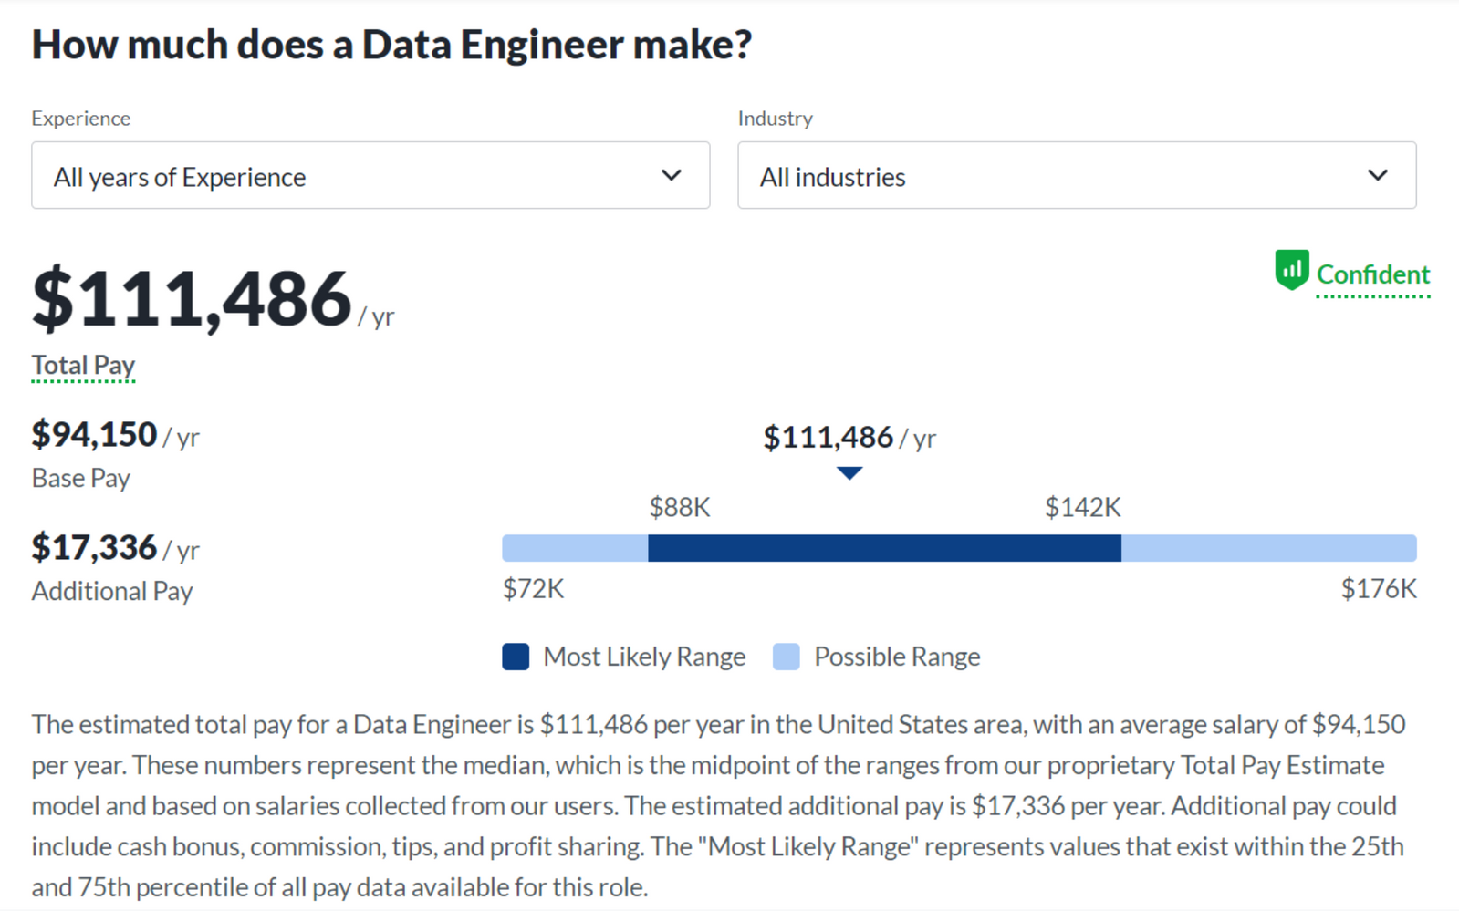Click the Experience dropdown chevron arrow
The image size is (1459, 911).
tap(672, 175)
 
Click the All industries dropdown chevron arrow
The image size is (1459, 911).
tap(1378, 175)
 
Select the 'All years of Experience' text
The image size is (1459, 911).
tap(180, 177)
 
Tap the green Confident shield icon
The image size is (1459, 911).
tap(1291, 270)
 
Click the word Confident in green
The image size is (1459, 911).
tap(1372, 274)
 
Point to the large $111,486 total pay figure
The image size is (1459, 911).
tap(192, 299)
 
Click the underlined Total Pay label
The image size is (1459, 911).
tap(83, 365)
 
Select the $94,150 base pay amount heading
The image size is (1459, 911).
tap(95, 435)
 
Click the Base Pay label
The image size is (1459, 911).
tap(81, 478)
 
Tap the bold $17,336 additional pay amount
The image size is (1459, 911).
tap(95, 548)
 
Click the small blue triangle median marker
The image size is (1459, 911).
tap(849, 472)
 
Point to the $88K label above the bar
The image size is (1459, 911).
tap(680, 507)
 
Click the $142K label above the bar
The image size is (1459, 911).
tap(1083, 507)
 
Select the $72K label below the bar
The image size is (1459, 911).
tap(534, 589)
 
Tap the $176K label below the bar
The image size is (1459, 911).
tap(1378, 589)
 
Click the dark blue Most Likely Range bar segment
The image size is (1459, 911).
tap(884, 548)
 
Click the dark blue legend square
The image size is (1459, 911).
tap(516, 657)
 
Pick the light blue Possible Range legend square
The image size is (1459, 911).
tap(786, 657)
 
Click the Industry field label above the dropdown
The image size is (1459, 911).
tap(775, 119)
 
